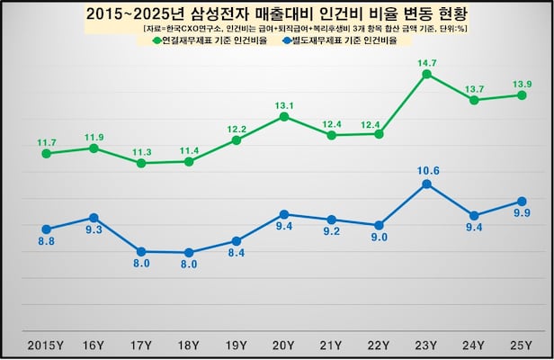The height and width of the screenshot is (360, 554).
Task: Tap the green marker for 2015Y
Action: [46, 153]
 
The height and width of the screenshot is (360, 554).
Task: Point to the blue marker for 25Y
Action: [522, 201]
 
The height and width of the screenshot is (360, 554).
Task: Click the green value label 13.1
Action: [284, 104]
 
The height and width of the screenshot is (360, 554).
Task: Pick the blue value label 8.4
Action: [236, 254]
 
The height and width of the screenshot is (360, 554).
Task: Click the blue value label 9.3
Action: [94, 230]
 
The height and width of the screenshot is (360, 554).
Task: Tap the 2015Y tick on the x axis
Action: [46, 346]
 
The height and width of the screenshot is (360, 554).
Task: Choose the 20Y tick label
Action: [284, 346]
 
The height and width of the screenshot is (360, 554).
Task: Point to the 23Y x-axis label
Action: [427, 346]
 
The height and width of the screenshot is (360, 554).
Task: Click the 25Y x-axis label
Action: [522, 346]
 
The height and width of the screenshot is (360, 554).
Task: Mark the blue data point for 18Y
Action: [189, 253]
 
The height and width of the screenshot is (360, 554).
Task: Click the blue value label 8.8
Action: [46, 241]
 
